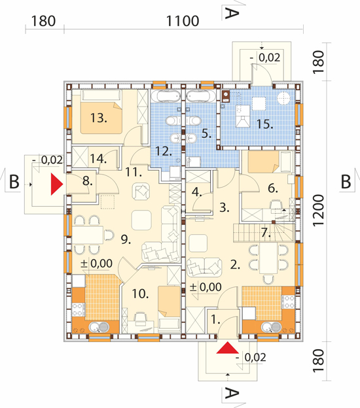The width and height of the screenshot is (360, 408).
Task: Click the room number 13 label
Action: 98,118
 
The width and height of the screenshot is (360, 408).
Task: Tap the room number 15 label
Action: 264,124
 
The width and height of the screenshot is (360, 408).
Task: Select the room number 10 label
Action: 140,294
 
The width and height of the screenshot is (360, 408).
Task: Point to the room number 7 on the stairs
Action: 266,232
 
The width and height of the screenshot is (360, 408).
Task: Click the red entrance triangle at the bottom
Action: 227,348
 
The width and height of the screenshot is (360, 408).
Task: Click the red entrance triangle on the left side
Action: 57,184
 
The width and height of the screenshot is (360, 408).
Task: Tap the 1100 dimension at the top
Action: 183,21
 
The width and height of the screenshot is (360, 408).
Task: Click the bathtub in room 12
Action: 166,96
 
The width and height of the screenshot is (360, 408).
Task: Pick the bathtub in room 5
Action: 201,96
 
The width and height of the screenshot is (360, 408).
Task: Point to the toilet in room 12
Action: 172,120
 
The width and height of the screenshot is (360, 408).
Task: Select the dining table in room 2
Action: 268,258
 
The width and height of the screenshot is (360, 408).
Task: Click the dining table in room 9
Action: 88,235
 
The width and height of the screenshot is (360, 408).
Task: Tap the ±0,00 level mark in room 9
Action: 96,263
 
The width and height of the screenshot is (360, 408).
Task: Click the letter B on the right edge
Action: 346,181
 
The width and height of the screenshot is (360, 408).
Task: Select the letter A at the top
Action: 231,13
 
